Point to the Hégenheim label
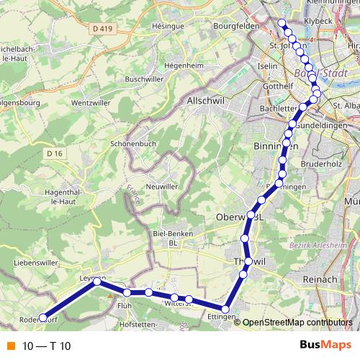[181, 64]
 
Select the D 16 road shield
[55, 153]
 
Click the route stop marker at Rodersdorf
[42, 317]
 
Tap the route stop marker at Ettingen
[225, 309]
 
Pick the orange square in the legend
[9, 346]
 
